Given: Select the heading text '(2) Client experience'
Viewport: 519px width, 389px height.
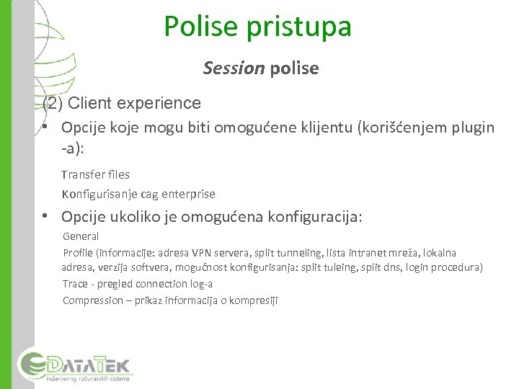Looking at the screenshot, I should click(122, 103).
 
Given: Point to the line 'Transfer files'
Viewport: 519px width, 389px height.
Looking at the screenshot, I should click(95, 174).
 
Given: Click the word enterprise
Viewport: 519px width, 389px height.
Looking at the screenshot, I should click(189, 194).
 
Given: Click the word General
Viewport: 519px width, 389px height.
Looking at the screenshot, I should click(81, 236).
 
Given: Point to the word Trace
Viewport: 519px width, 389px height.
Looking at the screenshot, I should click(76, 284).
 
